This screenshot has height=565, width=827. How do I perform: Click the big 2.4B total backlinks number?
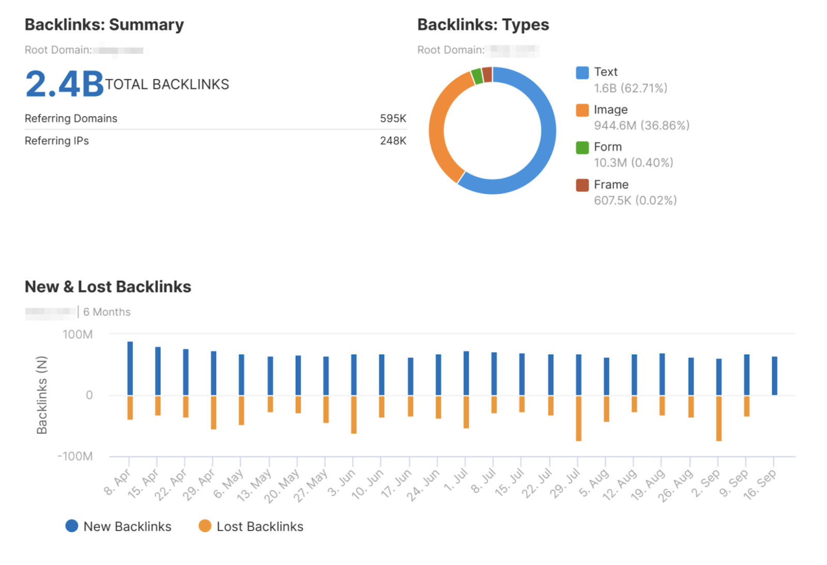[x=65, y=84]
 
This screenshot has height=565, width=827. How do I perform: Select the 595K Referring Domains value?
[x=393, y=118]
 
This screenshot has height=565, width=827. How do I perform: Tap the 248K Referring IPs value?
[x=393, y=141]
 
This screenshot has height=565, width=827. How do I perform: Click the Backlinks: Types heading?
[x=483, y=25]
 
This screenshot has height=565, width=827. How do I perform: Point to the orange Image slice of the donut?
[x=439, y=129]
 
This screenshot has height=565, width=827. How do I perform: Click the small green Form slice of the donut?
[x=477, y=77]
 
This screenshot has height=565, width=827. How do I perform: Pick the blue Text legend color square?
[x=582, y=72]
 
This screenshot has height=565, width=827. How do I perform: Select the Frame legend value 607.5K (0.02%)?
[x=635, y=201]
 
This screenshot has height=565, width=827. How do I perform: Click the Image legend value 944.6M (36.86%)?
[x=641, y=126]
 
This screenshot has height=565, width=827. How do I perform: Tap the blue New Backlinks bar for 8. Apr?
[x=130, y=368]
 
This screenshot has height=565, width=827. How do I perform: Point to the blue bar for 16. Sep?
[x=774, y=376]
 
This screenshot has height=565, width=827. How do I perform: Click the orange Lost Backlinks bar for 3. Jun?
[x=354, y=414]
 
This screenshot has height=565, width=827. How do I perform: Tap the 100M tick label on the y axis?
[x=78, y=334]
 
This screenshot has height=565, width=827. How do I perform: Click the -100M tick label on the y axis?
[x=75, y=456]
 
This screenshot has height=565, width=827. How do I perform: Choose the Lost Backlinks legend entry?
[x=251, y=526]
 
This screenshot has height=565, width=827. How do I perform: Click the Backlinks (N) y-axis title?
[x=42, y=395]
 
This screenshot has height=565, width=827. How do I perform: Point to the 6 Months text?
[x=106, y=312]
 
